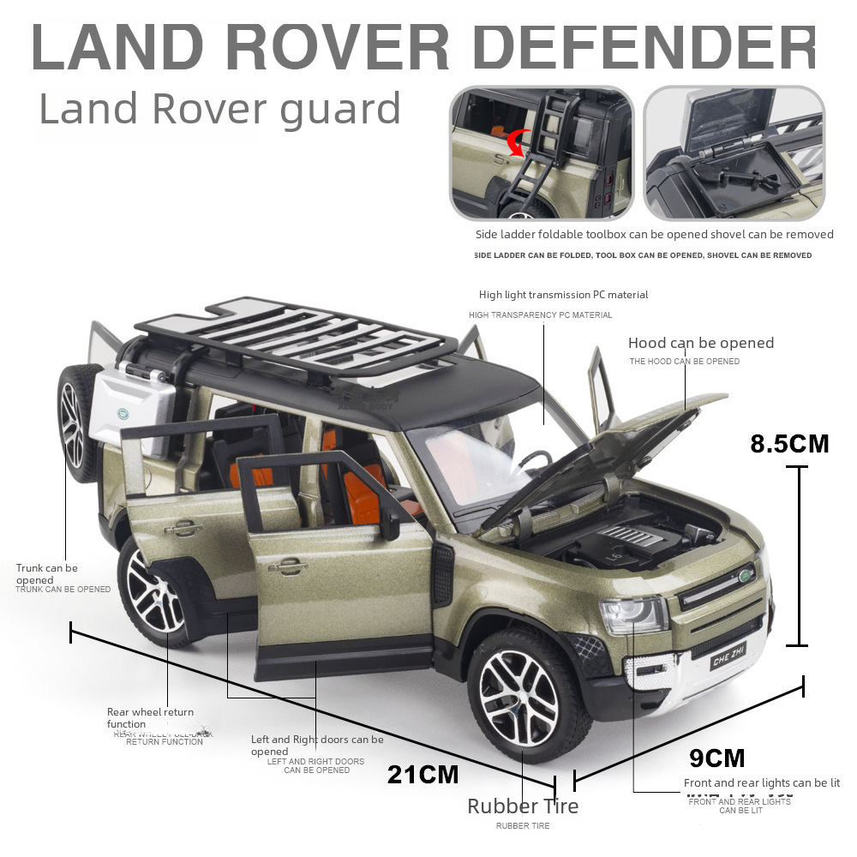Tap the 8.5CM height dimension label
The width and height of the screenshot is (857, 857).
click(x=789, y=444)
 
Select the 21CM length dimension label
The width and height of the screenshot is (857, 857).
click(x=423, y=775)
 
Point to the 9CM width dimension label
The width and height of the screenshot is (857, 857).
click(x=716, y=758)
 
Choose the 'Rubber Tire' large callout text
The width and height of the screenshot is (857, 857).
click(x=523, y=806)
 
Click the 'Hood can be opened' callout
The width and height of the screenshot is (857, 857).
click(x=700, y=343)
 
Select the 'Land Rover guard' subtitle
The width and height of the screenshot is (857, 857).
click(x=220, y=110)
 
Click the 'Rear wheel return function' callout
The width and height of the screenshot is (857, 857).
click(x=150, y=717)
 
